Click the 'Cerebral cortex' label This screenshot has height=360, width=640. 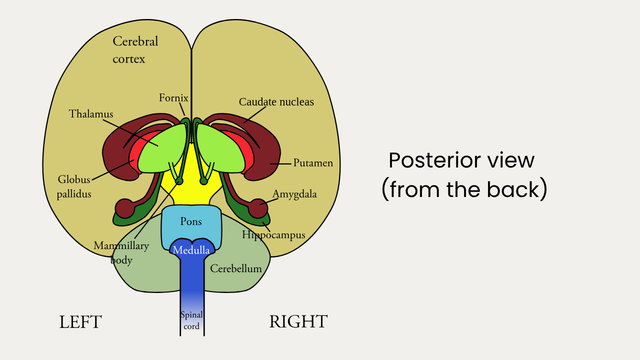click(x=135, y=50)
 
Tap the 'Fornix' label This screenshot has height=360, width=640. click(x=173, y=98)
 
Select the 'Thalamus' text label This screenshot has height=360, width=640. click(x=91, y=114)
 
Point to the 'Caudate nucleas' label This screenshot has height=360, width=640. click(x=276, y=102)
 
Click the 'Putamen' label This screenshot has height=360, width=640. click(x=313, y=163)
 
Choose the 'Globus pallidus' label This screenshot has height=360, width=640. click(x=74, y=187)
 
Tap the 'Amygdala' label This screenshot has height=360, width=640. click(x=294, y=194)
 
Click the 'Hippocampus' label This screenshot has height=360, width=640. click(x=273, y=235)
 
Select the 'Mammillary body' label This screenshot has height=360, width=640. click(x=121, y=253)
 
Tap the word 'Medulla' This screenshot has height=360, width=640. click(x=191, y=250)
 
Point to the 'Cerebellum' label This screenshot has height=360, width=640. click(x=236, y=269)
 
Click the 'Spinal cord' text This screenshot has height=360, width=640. click(x=191, y=320)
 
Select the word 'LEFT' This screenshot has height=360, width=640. click(x=80, y=322)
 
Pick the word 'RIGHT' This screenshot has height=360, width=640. click(x=298, y=322)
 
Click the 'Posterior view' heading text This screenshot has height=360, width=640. click(x=461, y=160)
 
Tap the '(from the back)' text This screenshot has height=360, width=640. click(x=464, y=189)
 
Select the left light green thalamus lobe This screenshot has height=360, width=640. click(x=162, y=149)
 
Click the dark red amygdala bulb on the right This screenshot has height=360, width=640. click(x=258, y=208)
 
